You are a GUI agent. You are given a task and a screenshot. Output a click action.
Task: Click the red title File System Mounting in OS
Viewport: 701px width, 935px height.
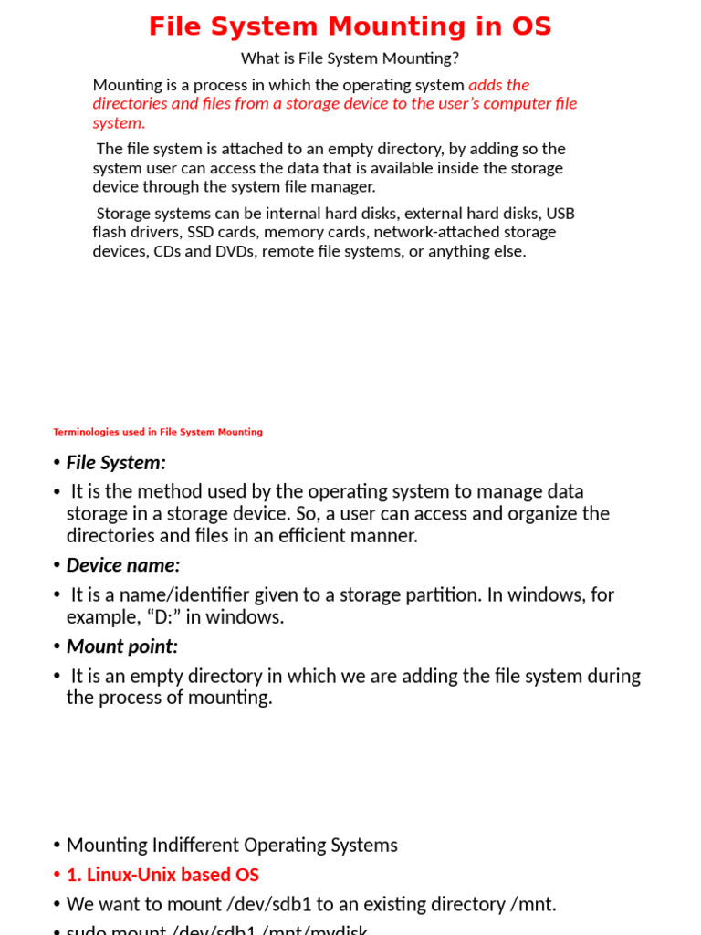click(x=350, y=26)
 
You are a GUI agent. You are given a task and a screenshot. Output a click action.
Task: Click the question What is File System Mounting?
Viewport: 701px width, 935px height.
click(x=350, y=58)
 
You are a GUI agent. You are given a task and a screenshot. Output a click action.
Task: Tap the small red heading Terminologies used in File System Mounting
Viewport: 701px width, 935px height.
click(x=158, y=432)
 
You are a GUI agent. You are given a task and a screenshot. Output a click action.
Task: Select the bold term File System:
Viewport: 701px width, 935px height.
click(x=116, y=463)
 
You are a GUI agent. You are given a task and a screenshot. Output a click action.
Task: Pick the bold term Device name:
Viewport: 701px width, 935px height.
click(x=123, y=565)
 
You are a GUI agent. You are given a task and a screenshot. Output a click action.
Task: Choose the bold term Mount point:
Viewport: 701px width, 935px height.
click(x=122, y=646)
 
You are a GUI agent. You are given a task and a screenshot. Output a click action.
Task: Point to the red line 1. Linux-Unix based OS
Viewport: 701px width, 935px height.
click(x=162, y=875)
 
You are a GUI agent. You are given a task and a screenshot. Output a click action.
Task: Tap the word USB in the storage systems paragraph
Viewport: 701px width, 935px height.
click(x=560, y=214)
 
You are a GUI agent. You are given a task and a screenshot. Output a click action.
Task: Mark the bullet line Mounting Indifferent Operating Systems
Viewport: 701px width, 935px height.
click(x=232, y=846)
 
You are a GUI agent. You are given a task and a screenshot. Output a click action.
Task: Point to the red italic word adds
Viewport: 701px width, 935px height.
click(x=487, y=85)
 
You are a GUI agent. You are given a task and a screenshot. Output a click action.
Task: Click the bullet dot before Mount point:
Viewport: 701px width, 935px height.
click(x=57, y=647)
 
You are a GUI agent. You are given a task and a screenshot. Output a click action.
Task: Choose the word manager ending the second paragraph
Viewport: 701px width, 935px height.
click(x=343, y=187)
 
